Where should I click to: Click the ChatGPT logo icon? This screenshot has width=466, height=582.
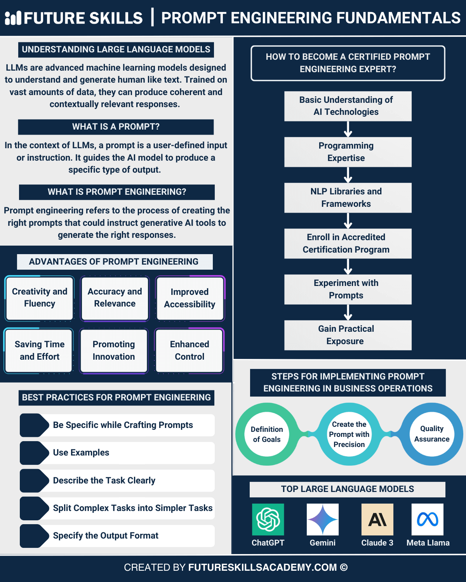[268, 520]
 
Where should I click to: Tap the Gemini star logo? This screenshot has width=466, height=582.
[322, 520]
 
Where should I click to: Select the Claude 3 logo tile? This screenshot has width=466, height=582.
[377, 520]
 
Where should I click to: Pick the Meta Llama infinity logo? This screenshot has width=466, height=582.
[428, 520]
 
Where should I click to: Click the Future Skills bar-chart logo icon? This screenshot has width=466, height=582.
[13, 18]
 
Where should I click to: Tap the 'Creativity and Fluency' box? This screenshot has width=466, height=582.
[40, 298]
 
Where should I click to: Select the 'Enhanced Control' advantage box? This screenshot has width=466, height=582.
[190, 350]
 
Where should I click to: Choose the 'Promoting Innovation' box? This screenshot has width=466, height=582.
[114, 350]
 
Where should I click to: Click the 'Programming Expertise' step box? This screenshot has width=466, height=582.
[348, 152]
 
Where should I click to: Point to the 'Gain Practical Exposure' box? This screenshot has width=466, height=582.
[348, 335]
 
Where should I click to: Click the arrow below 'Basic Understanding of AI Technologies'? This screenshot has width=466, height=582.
[348, 129]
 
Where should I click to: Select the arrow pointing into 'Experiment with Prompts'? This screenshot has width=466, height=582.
[348, 267]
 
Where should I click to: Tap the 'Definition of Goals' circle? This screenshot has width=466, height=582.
[267, 434]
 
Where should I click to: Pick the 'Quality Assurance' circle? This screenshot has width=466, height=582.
[432, 434]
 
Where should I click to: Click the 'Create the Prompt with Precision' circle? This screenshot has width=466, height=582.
[349, 434]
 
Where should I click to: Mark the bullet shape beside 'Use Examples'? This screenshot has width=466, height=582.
[34, 453]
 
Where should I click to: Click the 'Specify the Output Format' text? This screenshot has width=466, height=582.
[106, 536]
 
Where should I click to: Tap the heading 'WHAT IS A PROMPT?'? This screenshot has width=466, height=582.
[116, 127]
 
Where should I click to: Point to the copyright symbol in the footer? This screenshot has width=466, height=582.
[344, 567]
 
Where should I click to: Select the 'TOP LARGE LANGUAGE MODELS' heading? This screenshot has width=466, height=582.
[348, 489]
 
